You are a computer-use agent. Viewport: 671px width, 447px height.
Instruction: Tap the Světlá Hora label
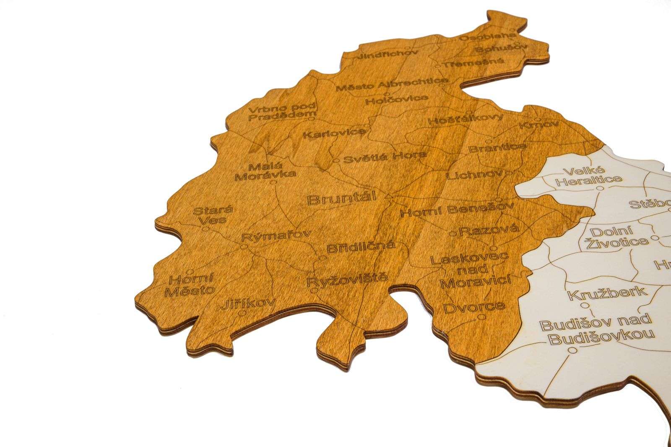(x=385, y=157)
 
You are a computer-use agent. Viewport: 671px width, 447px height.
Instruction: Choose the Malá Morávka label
(x=265, y=171)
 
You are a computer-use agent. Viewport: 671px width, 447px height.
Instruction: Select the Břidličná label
(x=361, y=247)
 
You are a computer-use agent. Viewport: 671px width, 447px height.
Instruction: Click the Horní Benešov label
(x=457, y=209)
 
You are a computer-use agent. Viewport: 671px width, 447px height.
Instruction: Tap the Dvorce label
(x=474, y=307)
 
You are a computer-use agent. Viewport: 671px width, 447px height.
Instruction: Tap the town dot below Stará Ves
(x=205, y=229)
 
